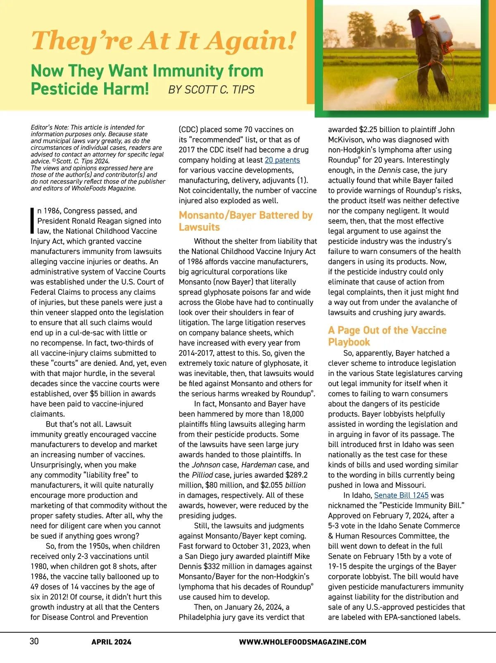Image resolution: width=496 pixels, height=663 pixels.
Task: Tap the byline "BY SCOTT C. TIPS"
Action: (x=211, y=90)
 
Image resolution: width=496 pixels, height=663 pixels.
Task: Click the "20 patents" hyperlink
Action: (x=282, y=160)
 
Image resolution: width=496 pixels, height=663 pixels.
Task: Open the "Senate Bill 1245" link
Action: (x=401, y=495)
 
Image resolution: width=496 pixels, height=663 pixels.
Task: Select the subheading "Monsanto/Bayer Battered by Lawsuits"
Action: (x=246, y=221)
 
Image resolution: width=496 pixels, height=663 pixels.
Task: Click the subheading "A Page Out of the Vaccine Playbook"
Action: (x=387, y=336)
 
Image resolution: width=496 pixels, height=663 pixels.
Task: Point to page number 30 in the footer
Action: (x=34, y=641)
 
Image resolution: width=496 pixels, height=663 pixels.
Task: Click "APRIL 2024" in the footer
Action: (x=111, y=642)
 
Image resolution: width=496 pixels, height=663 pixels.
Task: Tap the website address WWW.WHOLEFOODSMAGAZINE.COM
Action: (x=303, y=642)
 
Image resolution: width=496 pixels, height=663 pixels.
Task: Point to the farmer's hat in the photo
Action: (x=414, y=14)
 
